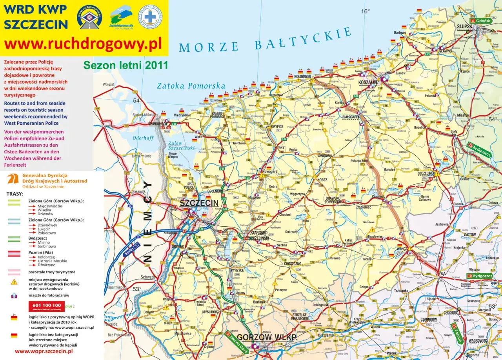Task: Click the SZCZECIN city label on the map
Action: (199, 203)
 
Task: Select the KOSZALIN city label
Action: (367, 82)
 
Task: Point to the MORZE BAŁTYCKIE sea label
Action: (265, 41)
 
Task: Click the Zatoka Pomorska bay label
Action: (191, 86)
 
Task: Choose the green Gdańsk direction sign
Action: (481, 20)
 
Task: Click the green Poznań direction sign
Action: (457, 333)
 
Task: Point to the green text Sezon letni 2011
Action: (125, 65)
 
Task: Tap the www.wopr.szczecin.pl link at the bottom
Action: (44, 351)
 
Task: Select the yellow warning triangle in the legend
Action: (14, 282)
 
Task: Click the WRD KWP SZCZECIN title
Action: (35, 16)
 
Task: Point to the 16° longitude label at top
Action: (365, 11)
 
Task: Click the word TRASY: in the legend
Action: (15, 194)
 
